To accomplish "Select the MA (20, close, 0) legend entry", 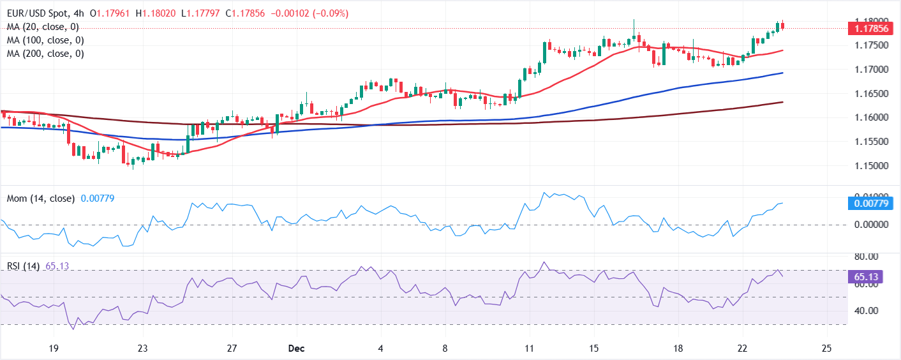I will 43,27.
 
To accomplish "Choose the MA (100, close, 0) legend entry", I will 45,40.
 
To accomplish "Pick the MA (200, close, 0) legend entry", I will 45,54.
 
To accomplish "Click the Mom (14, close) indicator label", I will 41,199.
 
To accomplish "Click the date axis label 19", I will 53,349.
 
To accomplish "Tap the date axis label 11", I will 529,349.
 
